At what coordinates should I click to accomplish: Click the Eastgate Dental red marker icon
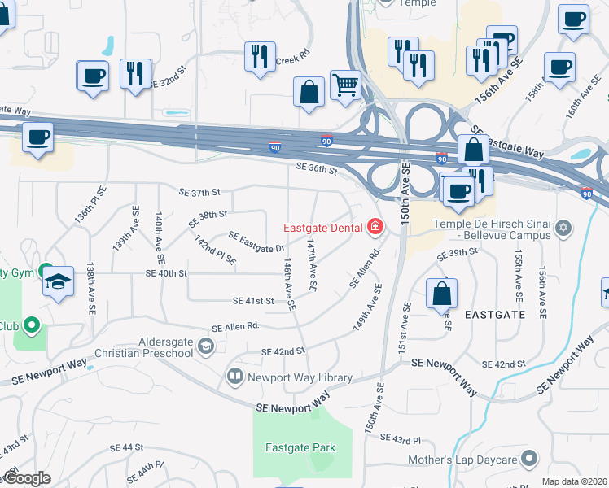(375, 227)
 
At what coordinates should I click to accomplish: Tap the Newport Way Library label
(300, 377)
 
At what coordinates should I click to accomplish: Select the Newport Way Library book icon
(234, 376)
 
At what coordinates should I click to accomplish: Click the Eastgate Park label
(300, 447)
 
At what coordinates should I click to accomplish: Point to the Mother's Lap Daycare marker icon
(530, 460)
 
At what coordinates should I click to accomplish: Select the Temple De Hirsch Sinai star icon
(563, 225)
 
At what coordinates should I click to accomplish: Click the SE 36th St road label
(317, 168)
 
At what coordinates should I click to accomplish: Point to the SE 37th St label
(200, 193)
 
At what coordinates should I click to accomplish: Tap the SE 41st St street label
(253, 301)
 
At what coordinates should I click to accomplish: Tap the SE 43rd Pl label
(405, 440)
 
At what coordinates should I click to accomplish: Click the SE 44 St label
(125, 447)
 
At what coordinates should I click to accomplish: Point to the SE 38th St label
(207, 218)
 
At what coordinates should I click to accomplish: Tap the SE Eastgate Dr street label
(256, 242)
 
